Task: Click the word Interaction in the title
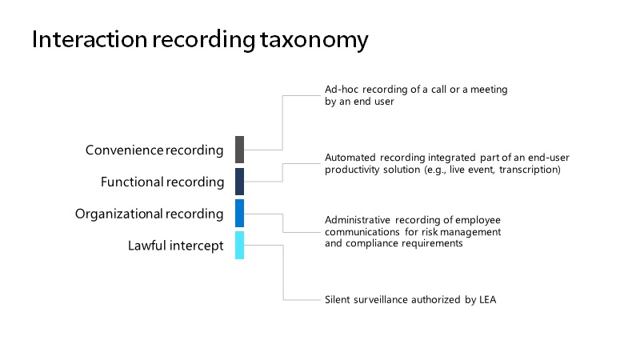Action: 90,39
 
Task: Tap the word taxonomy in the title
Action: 314,42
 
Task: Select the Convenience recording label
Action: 154,150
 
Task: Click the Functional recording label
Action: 162,182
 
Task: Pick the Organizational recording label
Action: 149,214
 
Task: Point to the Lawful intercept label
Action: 175,246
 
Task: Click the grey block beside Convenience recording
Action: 239,150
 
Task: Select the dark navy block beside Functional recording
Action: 239,182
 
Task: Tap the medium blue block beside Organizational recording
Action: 239,213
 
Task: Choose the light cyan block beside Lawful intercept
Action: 239,245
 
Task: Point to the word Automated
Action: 350,158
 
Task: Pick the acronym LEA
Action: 488,299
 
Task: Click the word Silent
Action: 338,299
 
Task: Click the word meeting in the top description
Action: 489,90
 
